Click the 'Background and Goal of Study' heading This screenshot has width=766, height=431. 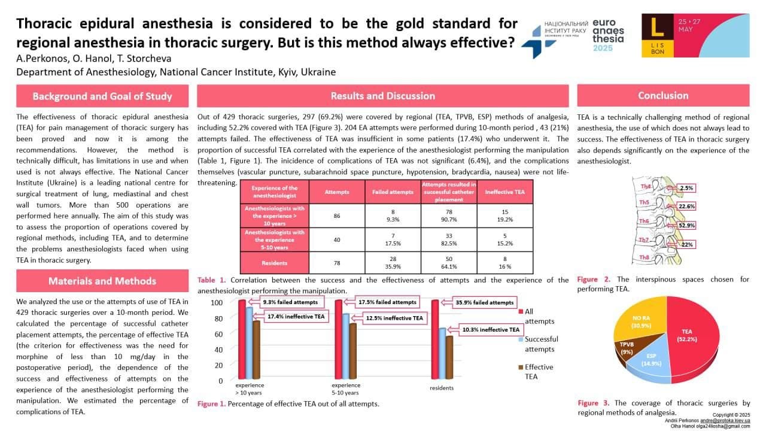pos(102,96)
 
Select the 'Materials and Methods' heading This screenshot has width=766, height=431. pos(102,281)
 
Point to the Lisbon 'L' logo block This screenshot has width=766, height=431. pos(656,35)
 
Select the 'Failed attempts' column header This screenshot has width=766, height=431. pos(393,192)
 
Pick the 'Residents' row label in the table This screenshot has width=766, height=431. pos(273,262)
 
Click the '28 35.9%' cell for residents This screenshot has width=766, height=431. pos(393,262)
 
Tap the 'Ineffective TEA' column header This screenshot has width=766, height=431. pos(504,192)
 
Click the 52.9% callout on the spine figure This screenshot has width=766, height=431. pos(687,226)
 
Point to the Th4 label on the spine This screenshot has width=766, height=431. pos(645,187)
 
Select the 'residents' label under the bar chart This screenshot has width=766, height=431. pos(442,388)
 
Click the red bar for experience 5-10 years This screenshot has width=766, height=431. pos(338,341)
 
